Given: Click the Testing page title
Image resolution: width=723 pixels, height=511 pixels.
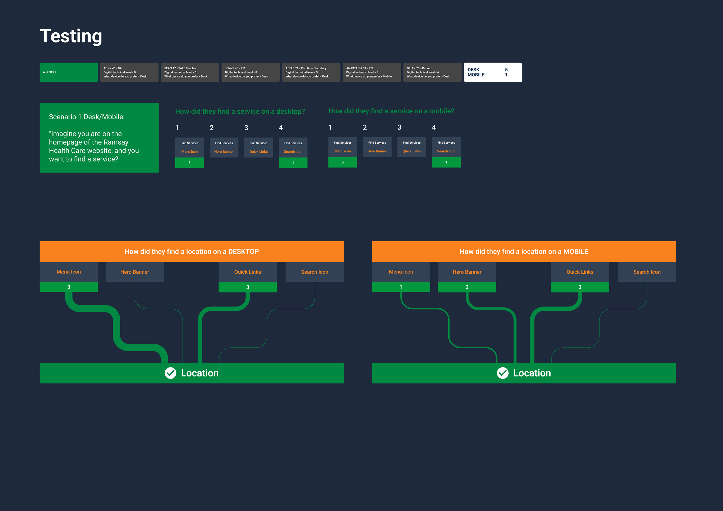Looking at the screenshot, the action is point(71,36).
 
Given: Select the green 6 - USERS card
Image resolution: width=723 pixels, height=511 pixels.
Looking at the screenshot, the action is point(69,72).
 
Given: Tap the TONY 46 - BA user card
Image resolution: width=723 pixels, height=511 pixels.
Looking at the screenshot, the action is point(129,72).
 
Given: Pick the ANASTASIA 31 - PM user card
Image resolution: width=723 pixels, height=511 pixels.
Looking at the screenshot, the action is point(372,72).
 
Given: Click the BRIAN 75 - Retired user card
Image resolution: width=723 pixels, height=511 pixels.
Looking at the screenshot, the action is point(432,72).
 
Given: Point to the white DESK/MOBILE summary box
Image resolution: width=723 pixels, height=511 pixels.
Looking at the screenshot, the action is point(493,72).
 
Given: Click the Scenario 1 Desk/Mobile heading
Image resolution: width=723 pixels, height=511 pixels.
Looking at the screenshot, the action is point(87,117).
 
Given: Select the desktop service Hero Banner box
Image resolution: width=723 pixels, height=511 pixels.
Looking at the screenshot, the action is point(224,147).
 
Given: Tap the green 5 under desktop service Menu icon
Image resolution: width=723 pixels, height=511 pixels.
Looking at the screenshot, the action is point(189,163).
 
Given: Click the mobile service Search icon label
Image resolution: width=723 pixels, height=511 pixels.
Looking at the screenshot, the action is point(446,151).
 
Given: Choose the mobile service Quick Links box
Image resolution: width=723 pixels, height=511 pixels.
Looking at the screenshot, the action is point(412,147).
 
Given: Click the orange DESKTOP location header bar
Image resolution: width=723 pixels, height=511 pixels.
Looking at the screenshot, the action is point(192,251).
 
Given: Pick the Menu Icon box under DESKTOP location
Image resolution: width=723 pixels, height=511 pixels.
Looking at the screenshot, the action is point(69,272).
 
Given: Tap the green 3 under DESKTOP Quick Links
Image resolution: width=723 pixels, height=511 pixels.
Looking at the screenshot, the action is point(248,287).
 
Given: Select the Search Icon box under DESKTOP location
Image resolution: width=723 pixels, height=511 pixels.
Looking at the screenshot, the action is point(315,272).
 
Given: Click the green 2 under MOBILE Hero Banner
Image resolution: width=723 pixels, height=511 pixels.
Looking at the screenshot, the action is point(467,287).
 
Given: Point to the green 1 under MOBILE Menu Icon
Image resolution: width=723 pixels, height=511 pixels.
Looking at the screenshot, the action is point(401,287).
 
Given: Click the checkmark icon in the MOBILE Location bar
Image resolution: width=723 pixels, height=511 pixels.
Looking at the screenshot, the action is point(503,373).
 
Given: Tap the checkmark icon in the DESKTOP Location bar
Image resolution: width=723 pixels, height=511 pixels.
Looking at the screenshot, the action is point(170,373).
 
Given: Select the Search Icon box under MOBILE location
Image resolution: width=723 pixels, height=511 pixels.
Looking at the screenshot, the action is point(647,272).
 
